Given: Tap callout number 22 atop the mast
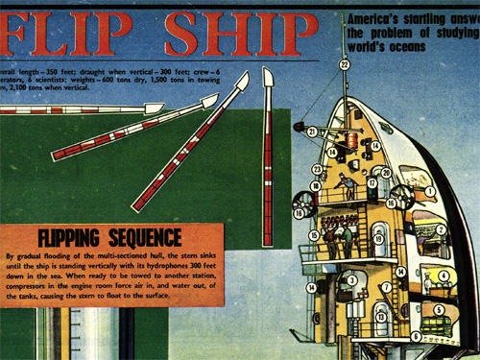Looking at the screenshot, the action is [345, 64].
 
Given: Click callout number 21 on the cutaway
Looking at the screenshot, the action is [313, 131].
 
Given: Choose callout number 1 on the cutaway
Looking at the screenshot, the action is [431, 192].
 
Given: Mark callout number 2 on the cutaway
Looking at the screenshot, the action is [442, 229].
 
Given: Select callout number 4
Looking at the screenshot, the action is [444, 276].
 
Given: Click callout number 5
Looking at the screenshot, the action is [439, 309].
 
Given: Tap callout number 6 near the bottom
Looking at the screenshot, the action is [416, 336].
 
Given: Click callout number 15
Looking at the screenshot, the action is [314, 234].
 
